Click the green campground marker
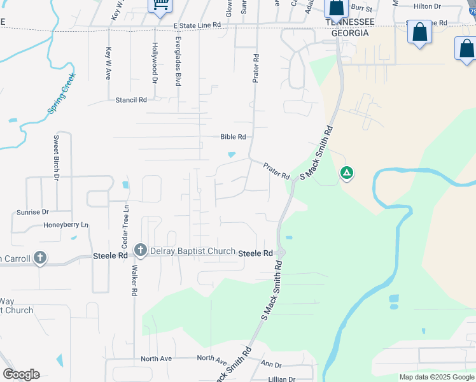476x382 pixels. [346, 173]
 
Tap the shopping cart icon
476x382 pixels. [160, 5]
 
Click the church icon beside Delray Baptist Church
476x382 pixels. [140, 251]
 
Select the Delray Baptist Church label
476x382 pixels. [193, 251]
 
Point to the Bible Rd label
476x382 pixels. [232, 137]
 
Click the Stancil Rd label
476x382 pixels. [131, 100]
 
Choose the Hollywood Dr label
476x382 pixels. [154, 63]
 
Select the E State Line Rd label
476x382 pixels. [197, 25]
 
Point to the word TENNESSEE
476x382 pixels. [347, 22]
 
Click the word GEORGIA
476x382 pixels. [347, 32]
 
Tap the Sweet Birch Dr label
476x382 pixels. [56, 157]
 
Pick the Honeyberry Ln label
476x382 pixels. [66, 225]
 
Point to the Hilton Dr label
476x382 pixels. [427, 6]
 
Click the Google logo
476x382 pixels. [21, 374]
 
